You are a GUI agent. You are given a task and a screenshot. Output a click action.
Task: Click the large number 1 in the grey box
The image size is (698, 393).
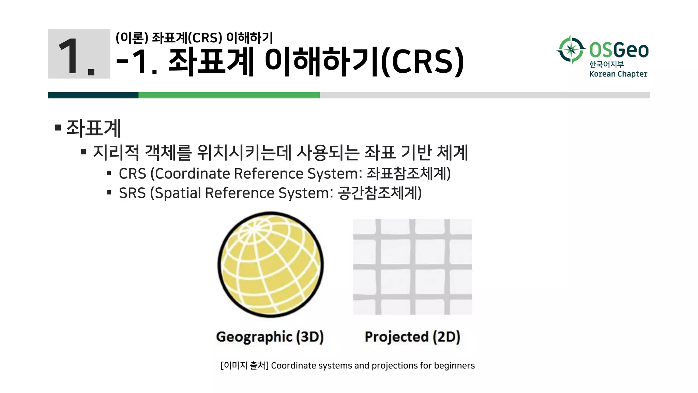point(70,56)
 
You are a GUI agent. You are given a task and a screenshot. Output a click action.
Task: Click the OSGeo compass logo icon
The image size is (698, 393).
point(571,50)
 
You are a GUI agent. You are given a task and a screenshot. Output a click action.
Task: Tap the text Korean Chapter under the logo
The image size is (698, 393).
point(618,74)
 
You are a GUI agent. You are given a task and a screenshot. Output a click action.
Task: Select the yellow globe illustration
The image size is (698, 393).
point(271,265)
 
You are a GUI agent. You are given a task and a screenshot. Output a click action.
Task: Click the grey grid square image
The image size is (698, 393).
point(412,267)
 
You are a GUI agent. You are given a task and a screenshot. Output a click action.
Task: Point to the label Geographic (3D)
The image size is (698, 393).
point(270,337)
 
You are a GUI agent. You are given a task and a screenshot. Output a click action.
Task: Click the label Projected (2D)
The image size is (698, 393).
point(412,337)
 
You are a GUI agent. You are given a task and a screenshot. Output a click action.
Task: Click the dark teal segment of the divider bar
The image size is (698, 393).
point(93,95)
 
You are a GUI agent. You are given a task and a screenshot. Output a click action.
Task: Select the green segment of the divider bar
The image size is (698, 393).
point(229,95)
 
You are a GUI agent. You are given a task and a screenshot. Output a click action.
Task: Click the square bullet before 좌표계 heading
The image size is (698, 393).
point(58,128)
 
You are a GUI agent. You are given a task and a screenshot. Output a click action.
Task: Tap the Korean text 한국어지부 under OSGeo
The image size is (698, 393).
point(606,64)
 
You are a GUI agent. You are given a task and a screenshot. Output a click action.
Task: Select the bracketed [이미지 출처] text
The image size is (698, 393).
point(244,366)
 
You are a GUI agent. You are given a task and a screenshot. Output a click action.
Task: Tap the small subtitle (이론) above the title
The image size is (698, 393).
point(132,38)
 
